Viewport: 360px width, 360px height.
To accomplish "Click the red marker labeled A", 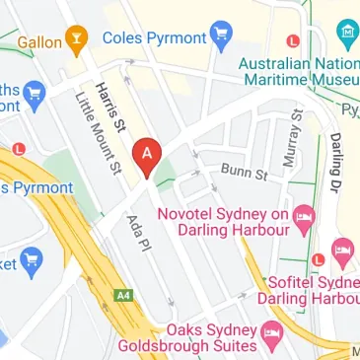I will tap(147, 155).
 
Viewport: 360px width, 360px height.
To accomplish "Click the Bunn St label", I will tap(245, 174).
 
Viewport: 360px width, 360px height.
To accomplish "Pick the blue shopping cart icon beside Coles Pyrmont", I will tap(221, 36).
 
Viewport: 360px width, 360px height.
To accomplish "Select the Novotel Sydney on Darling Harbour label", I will tap(237, 221).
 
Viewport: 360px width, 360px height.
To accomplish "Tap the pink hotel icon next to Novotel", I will tap(306, 213).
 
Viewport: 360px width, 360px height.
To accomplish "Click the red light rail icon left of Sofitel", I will tap(318, 260).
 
